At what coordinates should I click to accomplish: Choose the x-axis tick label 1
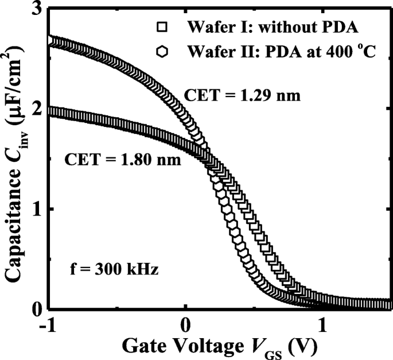[323, 324]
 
